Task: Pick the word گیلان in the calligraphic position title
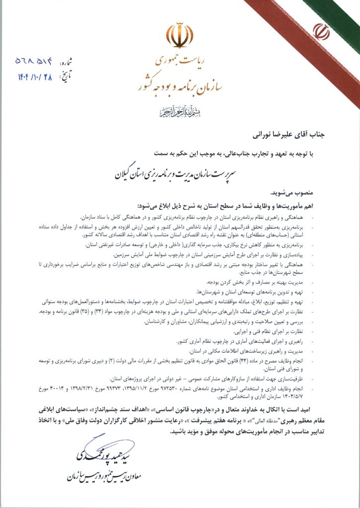coord(127,175)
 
